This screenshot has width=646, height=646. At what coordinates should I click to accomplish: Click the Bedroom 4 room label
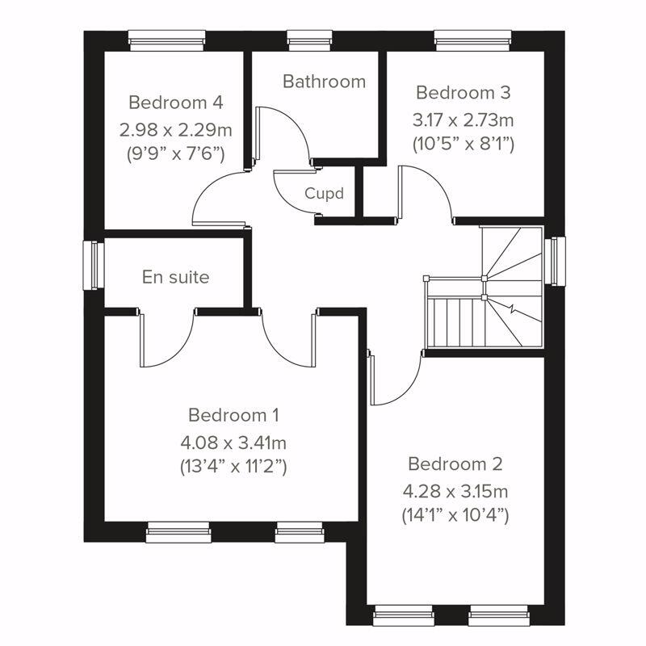(175, 103)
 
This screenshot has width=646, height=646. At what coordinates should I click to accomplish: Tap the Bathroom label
(324, 82)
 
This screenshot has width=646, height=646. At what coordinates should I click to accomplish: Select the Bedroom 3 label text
(463, 92)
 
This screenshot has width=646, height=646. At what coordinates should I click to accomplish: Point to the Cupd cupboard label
(325, 194)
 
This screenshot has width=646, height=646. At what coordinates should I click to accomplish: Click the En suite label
(175, 277)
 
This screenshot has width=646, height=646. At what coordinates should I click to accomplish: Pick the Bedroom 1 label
(233, 415)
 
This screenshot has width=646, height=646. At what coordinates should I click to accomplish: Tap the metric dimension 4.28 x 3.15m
(455, 490)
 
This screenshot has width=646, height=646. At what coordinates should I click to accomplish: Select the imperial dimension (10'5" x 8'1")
(463, 145)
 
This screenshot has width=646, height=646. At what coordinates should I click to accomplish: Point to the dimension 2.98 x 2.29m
(175, 128)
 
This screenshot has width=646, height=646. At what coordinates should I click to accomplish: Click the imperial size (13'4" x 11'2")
(233, 467)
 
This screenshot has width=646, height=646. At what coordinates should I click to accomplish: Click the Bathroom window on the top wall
(304, 37)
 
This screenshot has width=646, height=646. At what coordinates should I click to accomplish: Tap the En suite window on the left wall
(93, 264)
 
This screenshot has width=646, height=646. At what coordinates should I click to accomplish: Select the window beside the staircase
(556, 261)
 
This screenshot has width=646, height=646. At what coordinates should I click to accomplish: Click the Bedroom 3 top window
(472, 37)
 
